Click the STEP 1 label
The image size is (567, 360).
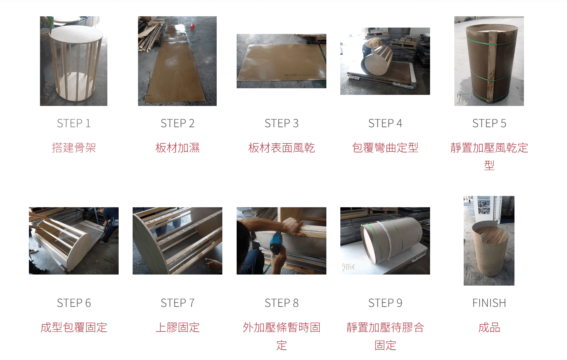[x=73, y=124]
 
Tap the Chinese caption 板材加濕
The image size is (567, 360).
[x=177, y=148]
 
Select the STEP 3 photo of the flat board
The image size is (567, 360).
[x=281, y=61]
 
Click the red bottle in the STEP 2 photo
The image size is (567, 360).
[x=192, y=26]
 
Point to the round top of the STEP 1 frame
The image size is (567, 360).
[x=76, y=33]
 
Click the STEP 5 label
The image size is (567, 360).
[x=489, y=124]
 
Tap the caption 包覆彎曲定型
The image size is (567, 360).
[x=385, y=148]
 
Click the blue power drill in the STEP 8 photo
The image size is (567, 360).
[x=276, y=242]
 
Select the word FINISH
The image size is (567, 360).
[x=489, y=303]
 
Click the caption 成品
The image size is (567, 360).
[x=489, y=327]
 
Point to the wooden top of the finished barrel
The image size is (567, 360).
[x=491, y=232]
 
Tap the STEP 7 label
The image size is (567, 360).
[x=177, y=303]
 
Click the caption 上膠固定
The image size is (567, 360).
[x=177, y=327]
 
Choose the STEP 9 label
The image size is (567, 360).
[x=385, y=303]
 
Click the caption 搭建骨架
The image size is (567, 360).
[x=73, y=148]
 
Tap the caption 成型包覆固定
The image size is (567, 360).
[x=73, y=327]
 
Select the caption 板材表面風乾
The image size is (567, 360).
[x=281, y=148]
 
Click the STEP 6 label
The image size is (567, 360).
[x=73, y=303]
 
